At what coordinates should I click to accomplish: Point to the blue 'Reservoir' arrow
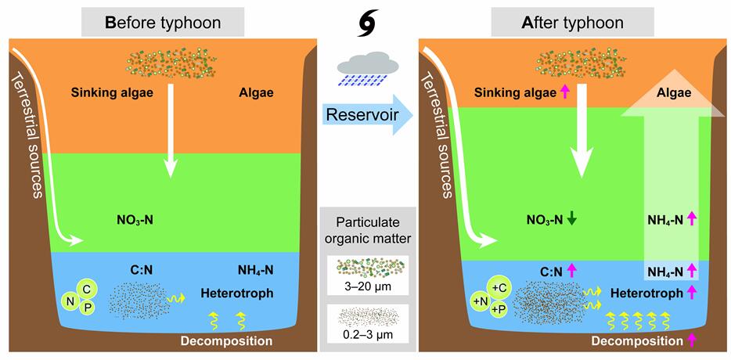tap(366, 117)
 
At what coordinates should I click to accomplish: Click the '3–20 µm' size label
tap(366, 286)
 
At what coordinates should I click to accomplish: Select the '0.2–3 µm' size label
tap(366, 337)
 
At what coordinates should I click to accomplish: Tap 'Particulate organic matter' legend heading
tap(366, 227)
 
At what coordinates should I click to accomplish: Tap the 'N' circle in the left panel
tap(71, 299)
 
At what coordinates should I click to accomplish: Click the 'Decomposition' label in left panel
tap(226, 341)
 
